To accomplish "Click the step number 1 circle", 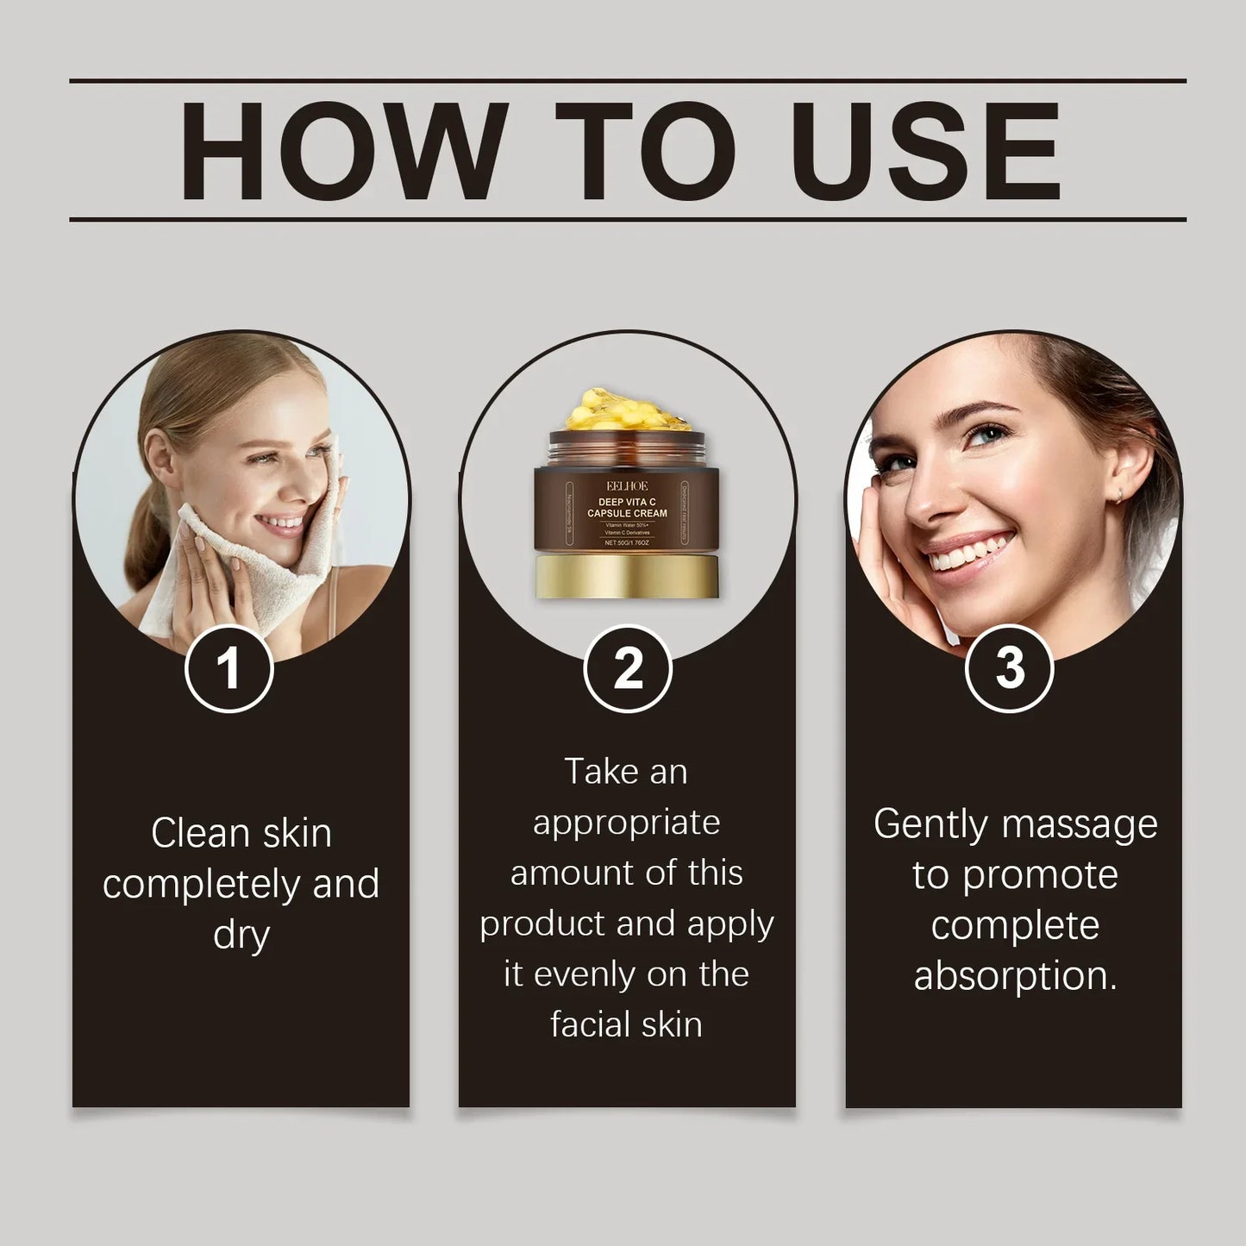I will coord(229,668).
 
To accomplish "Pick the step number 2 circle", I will coord(628,668).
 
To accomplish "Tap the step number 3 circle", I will coord(1009,668).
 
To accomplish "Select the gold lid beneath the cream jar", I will coord(627,576).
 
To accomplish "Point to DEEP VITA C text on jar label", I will coord(627,501).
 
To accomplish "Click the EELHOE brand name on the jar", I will coord(627,485).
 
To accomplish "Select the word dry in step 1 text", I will coord(241,936).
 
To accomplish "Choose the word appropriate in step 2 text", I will coord(626,823).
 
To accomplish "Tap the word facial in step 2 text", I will coord(585,1024).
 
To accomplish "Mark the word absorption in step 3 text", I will coord(1014,976).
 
